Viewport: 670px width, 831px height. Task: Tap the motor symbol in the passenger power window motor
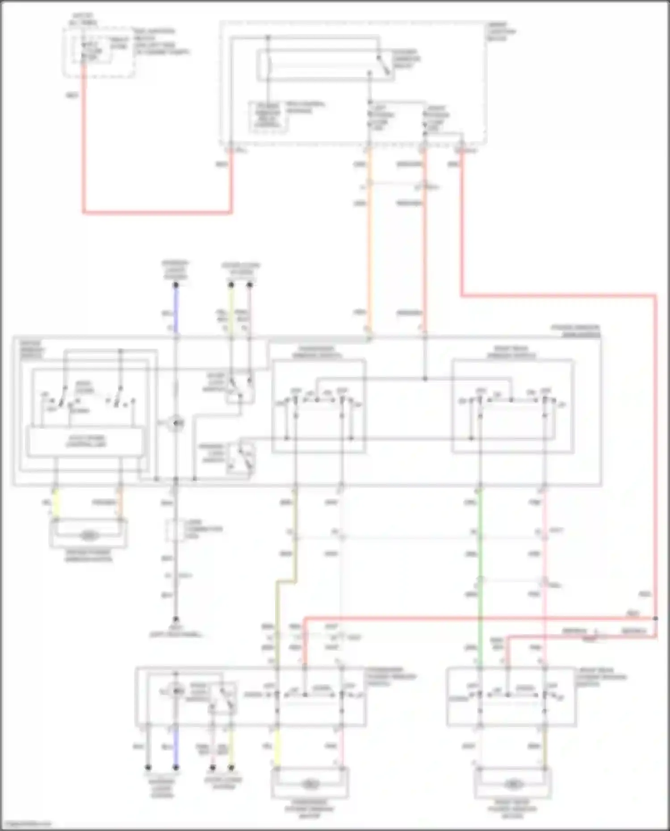point(309,784)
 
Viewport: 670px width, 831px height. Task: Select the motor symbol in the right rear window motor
point(513,784)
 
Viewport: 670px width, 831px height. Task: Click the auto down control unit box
point(86,442)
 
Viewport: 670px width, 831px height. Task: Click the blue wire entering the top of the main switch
point(176,310)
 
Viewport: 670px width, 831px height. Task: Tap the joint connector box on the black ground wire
point(175,530)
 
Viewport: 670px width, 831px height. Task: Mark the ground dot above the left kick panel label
point(176,619)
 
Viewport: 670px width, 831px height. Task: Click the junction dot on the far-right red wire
point(655,618)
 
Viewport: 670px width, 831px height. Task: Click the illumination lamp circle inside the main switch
point(176,423)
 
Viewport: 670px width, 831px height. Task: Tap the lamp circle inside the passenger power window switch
point(177,691)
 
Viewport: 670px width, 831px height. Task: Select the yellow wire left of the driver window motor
point(56,503)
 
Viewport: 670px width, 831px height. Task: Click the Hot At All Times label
point(83,19)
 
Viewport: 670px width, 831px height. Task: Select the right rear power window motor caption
point(512,809)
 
